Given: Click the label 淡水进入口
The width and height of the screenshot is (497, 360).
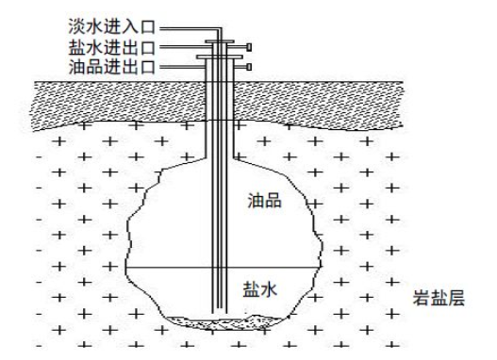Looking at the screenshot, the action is (111, 26).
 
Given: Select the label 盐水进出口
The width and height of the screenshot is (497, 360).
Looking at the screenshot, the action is (111, 47).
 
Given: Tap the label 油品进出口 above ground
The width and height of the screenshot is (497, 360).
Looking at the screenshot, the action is (111, 67).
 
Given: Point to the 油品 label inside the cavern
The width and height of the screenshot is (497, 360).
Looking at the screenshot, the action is (264, 201).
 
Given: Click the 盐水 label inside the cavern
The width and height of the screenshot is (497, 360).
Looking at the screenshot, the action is (260, 289).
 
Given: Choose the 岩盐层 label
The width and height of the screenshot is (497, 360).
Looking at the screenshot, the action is (439, 298).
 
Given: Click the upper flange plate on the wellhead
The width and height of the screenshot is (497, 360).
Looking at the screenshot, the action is (220, 41).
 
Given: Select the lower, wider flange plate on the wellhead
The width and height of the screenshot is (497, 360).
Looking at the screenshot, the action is (220, 57).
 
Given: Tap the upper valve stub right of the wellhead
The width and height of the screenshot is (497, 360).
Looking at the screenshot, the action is (250, 47).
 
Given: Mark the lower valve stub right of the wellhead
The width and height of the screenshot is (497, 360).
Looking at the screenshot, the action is (250, 67).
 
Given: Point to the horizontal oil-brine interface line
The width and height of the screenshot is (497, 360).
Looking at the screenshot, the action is (223, 268).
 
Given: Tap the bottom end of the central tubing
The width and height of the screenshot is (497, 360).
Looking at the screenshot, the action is (220, 314).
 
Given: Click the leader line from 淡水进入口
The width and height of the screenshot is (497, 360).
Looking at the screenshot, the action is (191, 29).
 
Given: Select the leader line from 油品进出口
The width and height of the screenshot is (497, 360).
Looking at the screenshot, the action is (182, 67).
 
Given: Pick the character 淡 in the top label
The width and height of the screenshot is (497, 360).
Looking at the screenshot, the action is (76, 26).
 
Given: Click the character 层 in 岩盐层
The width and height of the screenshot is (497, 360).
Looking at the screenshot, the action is (456, 298).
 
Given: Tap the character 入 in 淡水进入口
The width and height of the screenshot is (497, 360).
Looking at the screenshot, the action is (129, 26).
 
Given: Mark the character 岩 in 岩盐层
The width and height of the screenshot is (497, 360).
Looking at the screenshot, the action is (421, 298).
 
